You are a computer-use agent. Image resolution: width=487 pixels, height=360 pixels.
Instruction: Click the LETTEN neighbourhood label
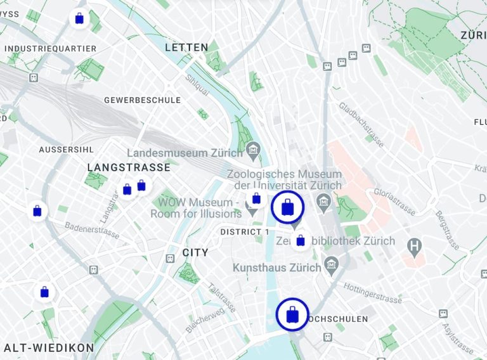pyautogui.click(x=186, y=48)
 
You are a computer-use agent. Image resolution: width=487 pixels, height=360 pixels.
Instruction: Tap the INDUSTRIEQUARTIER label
pyautogui.click(x=50, y=49)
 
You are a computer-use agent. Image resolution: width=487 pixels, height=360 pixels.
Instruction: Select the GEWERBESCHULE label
pyautogui.click(x=142, y=100)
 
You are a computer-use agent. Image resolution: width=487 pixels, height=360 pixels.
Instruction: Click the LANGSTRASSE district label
pyautogui.click(x=129, y=167)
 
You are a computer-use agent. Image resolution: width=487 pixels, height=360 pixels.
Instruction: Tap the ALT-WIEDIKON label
pyautogui.click(x=49, y=348)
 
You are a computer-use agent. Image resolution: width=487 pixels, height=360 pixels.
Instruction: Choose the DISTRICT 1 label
pyautogui.click(x=244, y=232)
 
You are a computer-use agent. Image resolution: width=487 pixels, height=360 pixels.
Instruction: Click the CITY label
pyautogui.click(x=195, y=252)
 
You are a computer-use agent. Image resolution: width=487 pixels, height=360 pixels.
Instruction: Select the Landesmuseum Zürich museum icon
pyautogui.click(x=253, y=150)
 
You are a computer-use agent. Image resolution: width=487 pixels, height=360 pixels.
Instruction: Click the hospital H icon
pyautogui.click(x=415, y=245)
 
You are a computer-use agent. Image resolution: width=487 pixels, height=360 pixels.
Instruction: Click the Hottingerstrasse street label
pyautogui.click(x=372, y=293)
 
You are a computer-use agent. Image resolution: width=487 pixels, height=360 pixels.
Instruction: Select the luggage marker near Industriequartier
pyautogui.click(x=79, y=19)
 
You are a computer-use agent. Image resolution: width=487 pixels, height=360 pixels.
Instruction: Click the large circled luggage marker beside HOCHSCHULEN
pyautogui.click(x=292, y=314)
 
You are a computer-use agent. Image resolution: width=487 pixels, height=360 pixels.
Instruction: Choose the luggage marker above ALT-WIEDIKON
pyautogui.click(x=44, y=292)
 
